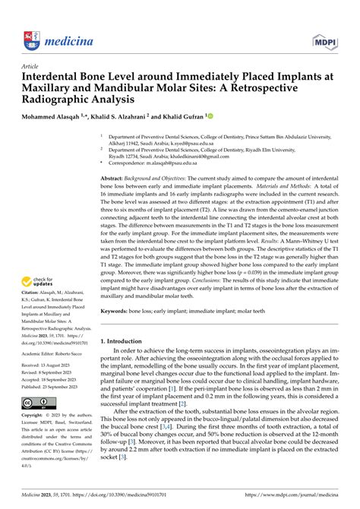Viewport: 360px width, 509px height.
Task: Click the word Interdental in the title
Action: tap(63, 78)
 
